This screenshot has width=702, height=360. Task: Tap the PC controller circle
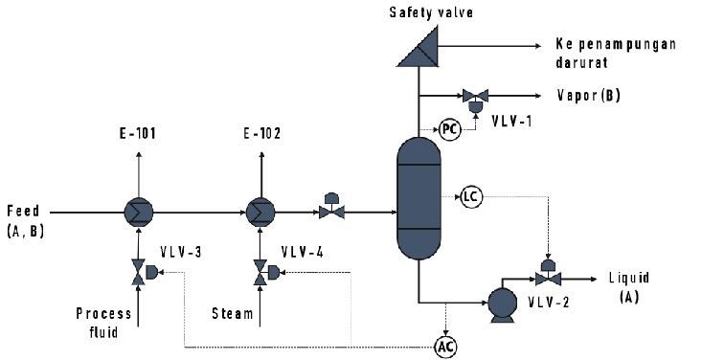pyautogui.click(x=448, y=128)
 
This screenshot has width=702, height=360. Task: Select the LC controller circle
pyautogui.click(x=469, y=196)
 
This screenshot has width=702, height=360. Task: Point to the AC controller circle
pyautogui.click(x=445, y=346)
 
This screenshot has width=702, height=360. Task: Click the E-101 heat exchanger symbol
pyautogui.click(x=138, y=212)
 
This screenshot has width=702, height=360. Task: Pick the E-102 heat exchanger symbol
pyautogui.click(x=258, y=212)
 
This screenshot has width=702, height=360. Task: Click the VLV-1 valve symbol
pyautogui.click(x=474, y=96)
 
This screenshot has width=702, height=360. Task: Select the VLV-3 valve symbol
pyautogui.click(x=139, y=273)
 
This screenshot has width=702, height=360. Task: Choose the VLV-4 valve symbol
pyautogui.click(x=259, y=273)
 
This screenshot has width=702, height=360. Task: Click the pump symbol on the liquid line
pyautogui.click(x=501, y=303)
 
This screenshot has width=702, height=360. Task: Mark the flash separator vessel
pyautogui.click(x=419, y=198)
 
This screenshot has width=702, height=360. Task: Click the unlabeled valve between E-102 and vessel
pyautogui.click(x=331, y=212)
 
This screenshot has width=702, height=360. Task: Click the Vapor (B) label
pyautogui.click(x=589, y=96)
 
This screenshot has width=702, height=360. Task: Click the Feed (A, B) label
pyautogui.click(x=25, y=219)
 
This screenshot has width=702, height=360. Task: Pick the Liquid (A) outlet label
pyautogui.click(x=628, y=286)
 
